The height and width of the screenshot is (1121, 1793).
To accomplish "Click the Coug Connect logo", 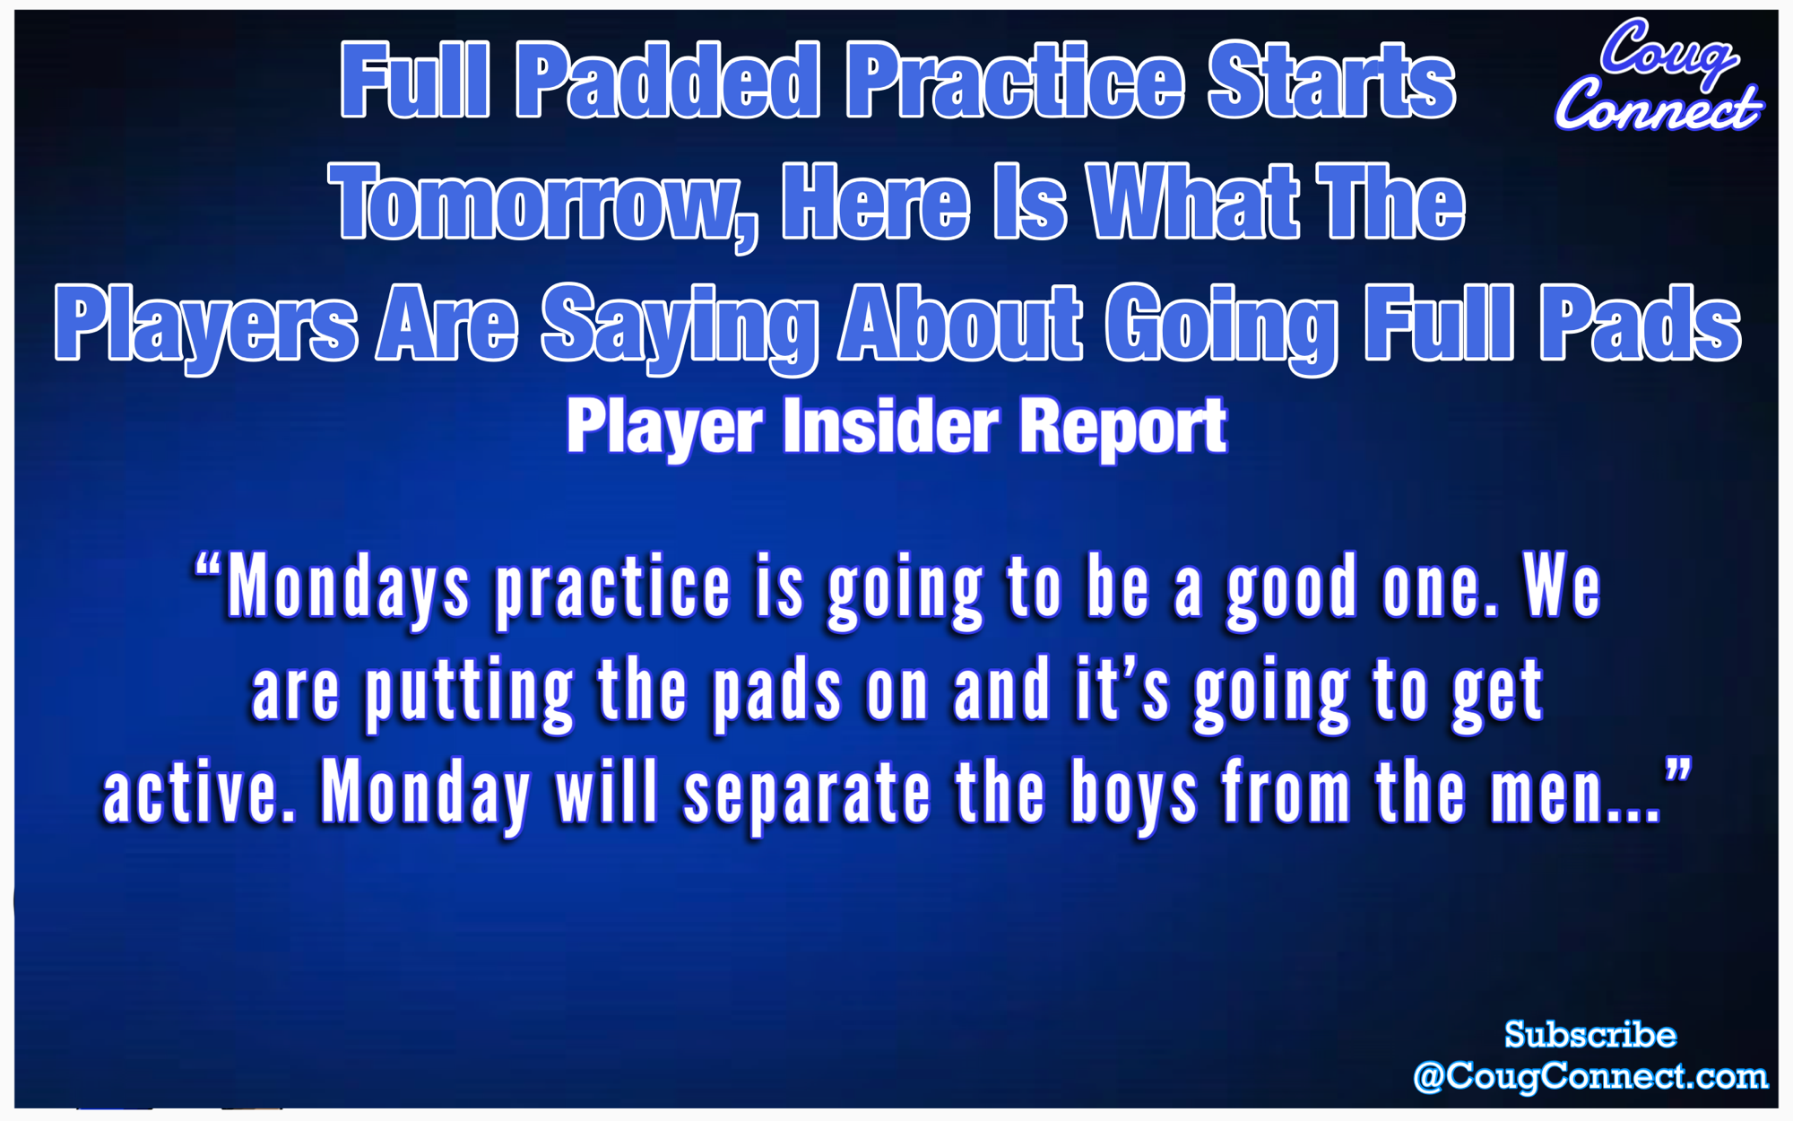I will tap(1659, 76).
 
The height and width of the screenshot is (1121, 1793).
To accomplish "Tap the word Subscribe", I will tap(1589, 1035).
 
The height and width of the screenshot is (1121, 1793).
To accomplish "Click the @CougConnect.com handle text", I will tap(1589, 1076).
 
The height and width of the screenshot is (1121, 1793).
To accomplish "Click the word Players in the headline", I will tap(205, 325).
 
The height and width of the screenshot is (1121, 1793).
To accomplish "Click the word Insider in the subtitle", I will tap(890, 427).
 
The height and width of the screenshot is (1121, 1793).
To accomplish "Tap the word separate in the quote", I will tap(808, 795).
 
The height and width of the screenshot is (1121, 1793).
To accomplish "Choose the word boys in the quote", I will tap(1134, 795).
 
